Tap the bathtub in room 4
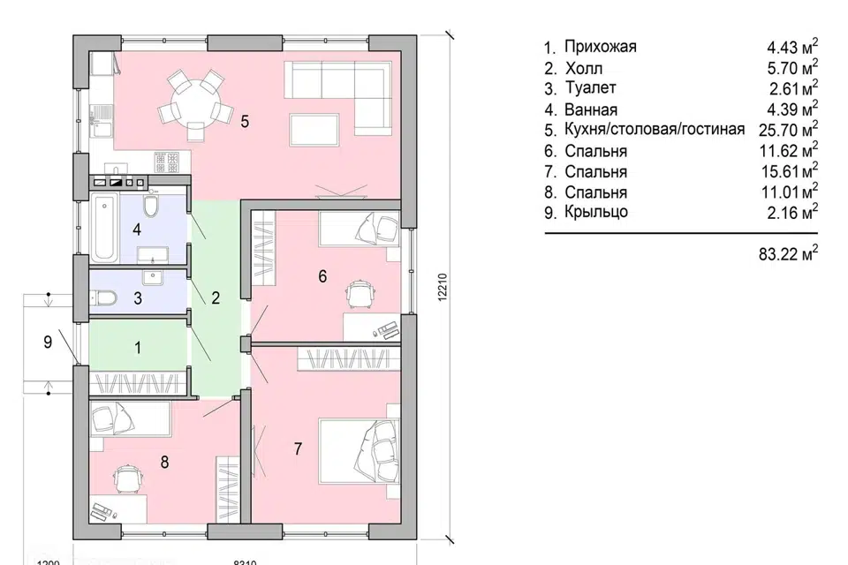point(104,229)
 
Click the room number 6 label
point(322,276)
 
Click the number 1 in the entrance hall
point(137,348)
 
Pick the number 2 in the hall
point(215,298)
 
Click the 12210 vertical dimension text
point(441,285)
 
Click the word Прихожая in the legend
point(600,47)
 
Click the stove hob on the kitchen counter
point(168,162)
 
